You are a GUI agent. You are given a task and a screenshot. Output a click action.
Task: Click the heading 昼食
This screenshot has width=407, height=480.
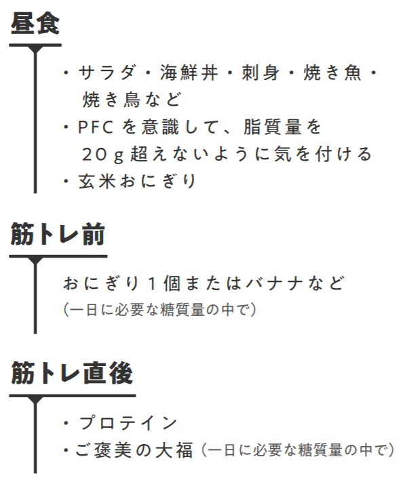click(35, 23)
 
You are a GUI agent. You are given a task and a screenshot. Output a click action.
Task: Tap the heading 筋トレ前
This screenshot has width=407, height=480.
click(58, 234)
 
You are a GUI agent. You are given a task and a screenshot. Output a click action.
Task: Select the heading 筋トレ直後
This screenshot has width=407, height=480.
click(72, 373)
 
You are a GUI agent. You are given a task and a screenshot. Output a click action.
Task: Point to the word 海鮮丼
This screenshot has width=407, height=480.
click(189, 73)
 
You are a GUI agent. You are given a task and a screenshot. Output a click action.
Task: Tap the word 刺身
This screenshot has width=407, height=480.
click(260, 73)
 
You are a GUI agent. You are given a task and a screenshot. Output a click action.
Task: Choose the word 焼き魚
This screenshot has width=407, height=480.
click(332, 73)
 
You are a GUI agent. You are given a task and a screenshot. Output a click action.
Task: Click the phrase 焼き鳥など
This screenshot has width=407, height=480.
click(132, 100)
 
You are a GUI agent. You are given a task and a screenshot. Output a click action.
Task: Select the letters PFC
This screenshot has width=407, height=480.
click(96, 127)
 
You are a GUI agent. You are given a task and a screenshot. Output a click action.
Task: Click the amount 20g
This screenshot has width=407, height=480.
click(102, 155)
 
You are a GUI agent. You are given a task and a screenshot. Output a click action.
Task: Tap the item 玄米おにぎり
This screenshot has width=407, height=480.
click(137, 180)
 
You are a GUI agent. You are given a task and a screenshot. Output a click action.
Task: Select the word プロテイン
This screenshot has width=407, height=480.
click(128, 423)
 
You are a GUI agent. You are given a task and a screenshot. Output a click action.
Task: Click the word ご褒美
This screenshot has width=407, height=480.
click(103, 450)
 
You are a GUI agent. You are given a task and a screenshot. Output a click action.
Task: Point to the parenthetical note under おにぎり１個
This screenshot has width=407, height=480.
click(159, 310)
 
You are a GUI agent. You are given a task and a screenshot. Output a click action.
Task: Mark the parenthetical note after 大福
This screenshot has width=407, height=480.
click(298, 450)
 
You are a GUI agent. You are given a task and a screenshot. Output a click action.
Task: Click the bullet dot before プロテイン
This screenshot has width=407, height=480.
click(66, 423)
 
